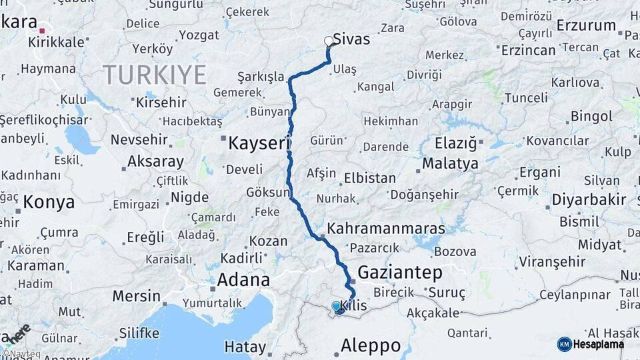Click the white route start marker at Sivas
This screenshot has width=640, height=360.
[328, 41]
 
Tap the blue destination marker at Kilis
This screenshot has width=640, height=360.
[338, 307]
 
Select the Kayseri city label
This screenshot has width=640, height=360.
[260, 143]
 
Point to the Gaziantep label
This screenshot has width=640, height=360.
[400, 272]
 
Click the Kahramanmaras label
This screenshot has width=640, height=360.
[386, 228]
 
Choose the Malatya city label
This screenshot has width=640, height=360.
[450, 163]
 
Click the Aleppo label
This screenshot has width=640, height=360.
[371, 345]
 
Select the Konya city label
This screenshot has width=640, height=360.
[48, 201]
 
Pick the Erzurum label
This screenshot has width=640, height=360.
[586, 25]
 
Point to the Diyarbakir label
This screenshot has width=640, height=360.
[589, 199]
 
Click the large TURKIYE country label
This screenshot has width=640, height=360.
[154, 75]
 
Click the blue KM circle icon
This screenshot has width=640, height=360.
[564, 344]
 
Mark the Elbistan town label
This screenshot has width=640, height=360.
[370, 179]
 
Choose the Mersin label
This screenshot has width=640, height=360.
[136, 296]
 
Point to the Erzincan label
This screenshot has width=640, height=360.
[528, 50]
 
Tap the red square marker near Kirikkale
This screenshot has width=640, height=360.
[42, 30]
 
